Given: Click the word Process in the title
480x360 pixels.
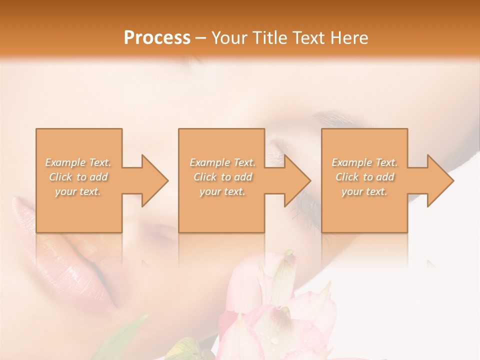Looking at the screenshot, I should tap(157, 38).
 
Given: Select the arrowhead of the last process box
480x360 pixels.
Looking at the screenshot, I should tap(439, 180).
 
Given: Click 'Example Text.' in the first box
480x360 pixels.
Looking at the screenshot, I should tap(78, 162).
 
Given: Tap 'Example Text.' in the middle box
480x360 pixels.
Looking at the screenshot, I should tap(222, 162).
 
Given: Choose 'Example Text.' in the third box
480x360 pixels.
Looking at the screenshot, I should tap(364, 162).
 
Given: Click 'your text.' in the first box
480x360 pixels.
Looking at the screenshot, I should tap(78, 191).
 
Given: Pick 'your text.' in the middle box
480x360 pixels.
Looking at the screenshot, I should tap(222, 191).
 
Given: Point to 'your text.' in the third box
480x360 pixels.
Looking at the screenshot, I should tap(364, 191).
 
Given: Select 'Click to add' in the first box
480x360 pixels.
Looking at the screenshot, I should tap(78, 177).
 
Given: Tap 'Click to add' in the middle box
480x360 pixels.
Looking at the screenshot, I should tap(222, 177).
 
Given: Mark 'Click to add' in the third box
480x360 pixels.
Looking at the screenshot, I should tap(364, 177).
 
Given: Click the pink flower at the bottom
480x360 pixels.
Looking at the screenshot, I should tap(280, 320).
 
